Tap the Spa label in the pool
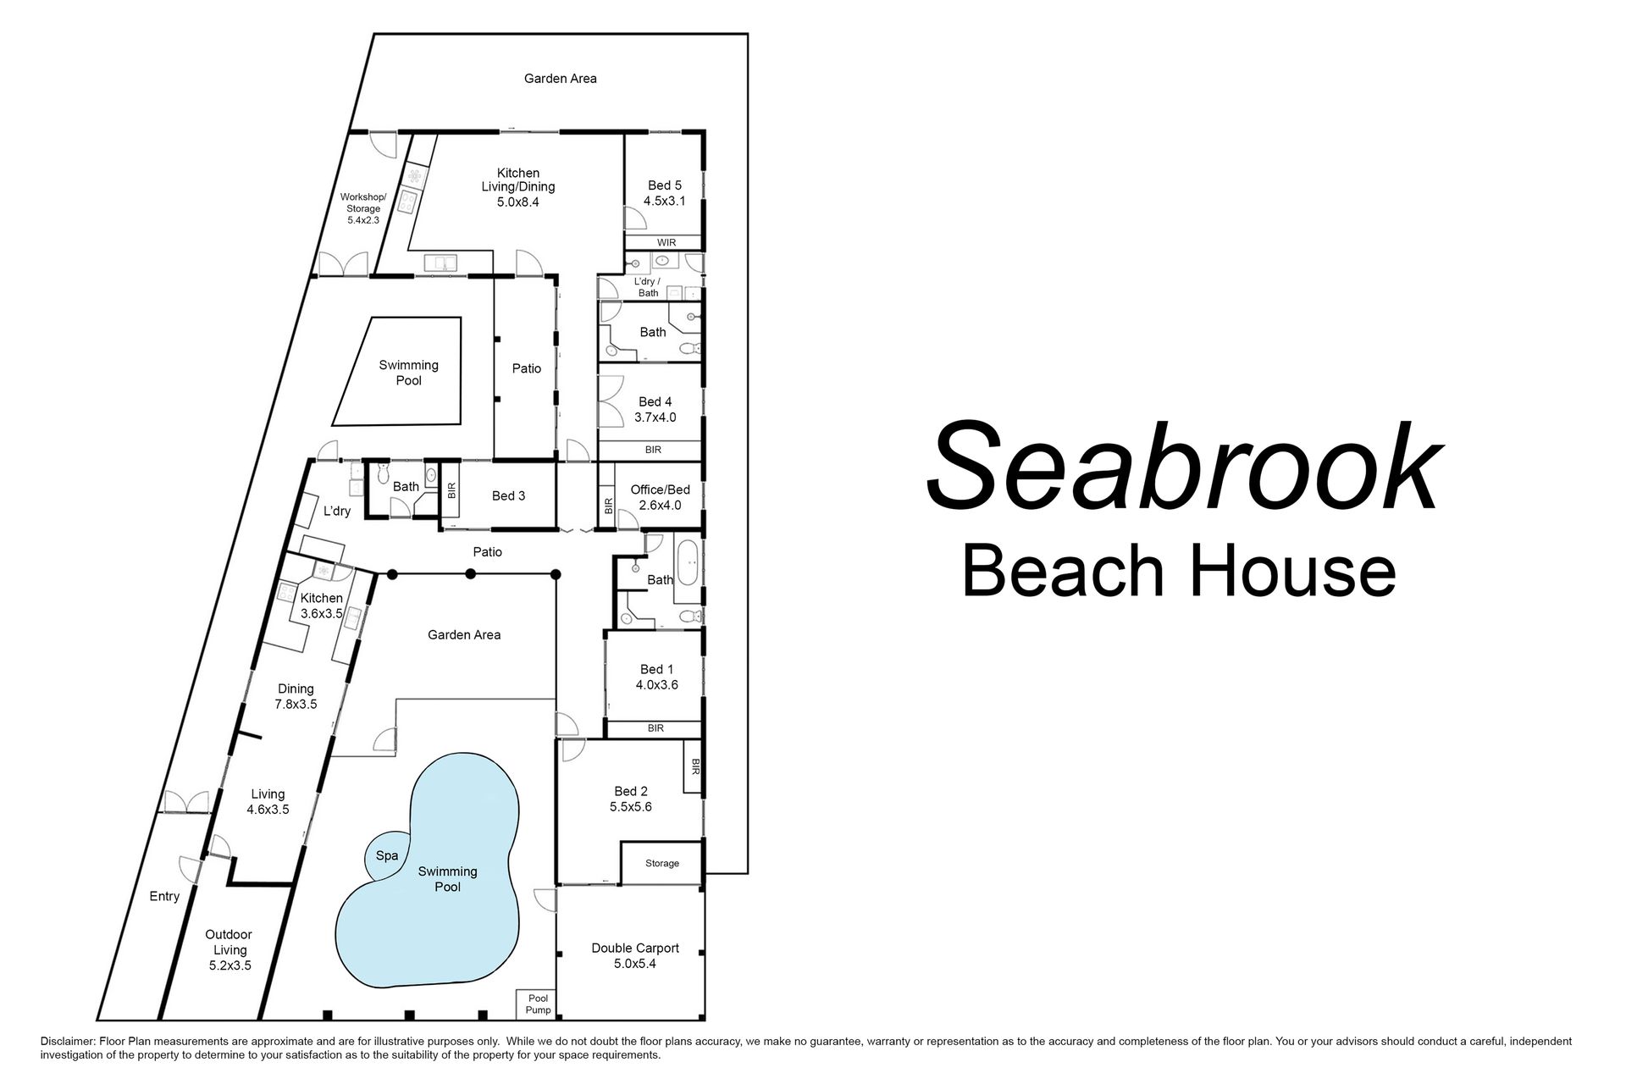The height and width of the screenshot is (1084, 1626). click(x=387, y=855)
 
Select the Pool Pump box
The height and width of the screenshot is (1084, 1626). click(x=538, y=1004)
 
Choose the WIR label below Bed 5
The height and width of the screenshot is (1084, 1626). click(x=666, y=243)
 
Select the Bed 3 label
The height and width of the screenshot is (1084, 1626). click(x=508, y=495)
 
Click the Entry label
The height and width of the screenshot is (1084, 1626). click(x=164, y=896)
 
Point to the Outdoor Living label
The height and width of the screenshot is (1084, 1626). click(x=229, y=949)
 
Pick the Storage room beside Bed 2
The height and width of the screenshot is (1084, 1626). click(x=662, y=863)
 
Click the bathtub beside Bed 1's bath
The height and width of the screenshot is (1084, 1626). click(x=687, y=563)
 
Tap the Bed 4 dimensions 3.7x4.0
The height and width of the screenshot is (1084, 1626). click(x=655, y=418)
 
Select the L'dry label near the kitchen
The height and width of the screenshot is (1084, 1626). click(x=337, y=512)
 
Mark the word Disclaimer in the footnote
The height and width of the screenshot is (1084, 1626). click(x=67, y=1042)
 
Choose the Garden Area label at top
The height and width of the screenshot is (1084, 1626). click(x=560, y=79)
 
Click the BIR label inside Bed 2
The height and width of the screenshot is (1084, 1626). click(x=695, y=766)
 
